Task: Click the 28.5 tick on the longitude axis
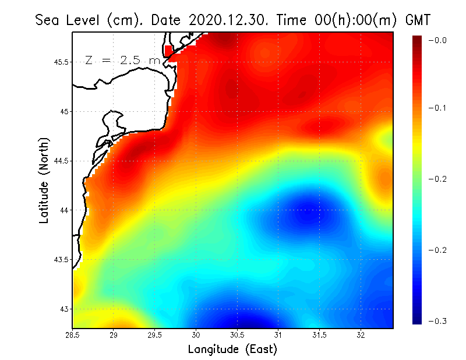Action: [73, 335]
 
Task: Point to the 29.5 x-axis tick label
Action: [155, 335]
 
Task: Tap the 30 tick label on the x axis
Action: [196, 335]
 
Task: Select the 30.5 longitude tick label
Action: [237, 335]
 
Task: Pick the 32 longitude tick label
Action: [361, 335]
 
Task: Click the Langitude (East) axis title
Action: [232, 350]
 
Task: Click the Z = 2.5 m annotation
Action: [122, 60]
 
